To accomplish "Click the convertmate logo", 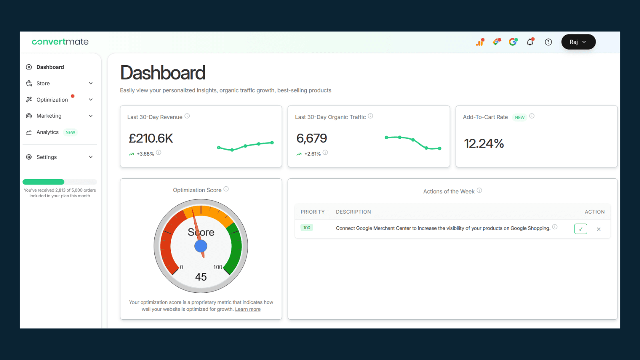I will [x=60, y=42].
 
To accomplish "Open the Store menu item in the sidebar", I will [x=43, y=84].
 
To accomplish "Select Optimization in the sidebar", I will [x=52, y=100].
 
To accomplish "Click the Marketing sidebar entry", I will [x=49, y=116].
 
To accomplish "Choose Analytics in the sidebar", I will [x=48, y=132].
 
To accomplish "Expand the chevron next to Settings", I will [x=91, y=157].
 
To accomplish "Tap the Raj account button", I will [x=578, y=42].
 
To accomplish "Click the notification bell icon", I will [x=530, y=42].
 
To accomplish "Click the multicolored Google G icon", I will [x=513, y=42].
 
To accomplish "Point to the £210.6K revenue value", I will [x=151, y=138].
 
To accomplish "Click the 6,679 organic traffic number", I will [x=312, y=138].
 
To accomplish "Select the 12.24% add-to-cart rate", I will [x=484, y=144].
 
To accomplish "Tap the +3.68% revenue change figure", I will [x=145, y=154].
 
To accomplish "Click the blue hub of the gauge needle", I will [x=201, y=246].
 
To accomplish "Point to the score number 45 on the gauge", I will [x=201, y=277].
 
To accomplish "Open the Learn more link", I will [x=248, y=309].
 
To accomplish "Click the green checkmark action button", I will [x=580, y=229].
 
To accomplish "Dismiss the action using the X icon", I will [x=599, y=229].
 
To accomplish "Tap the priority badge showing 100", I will [x=307, y=228].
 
